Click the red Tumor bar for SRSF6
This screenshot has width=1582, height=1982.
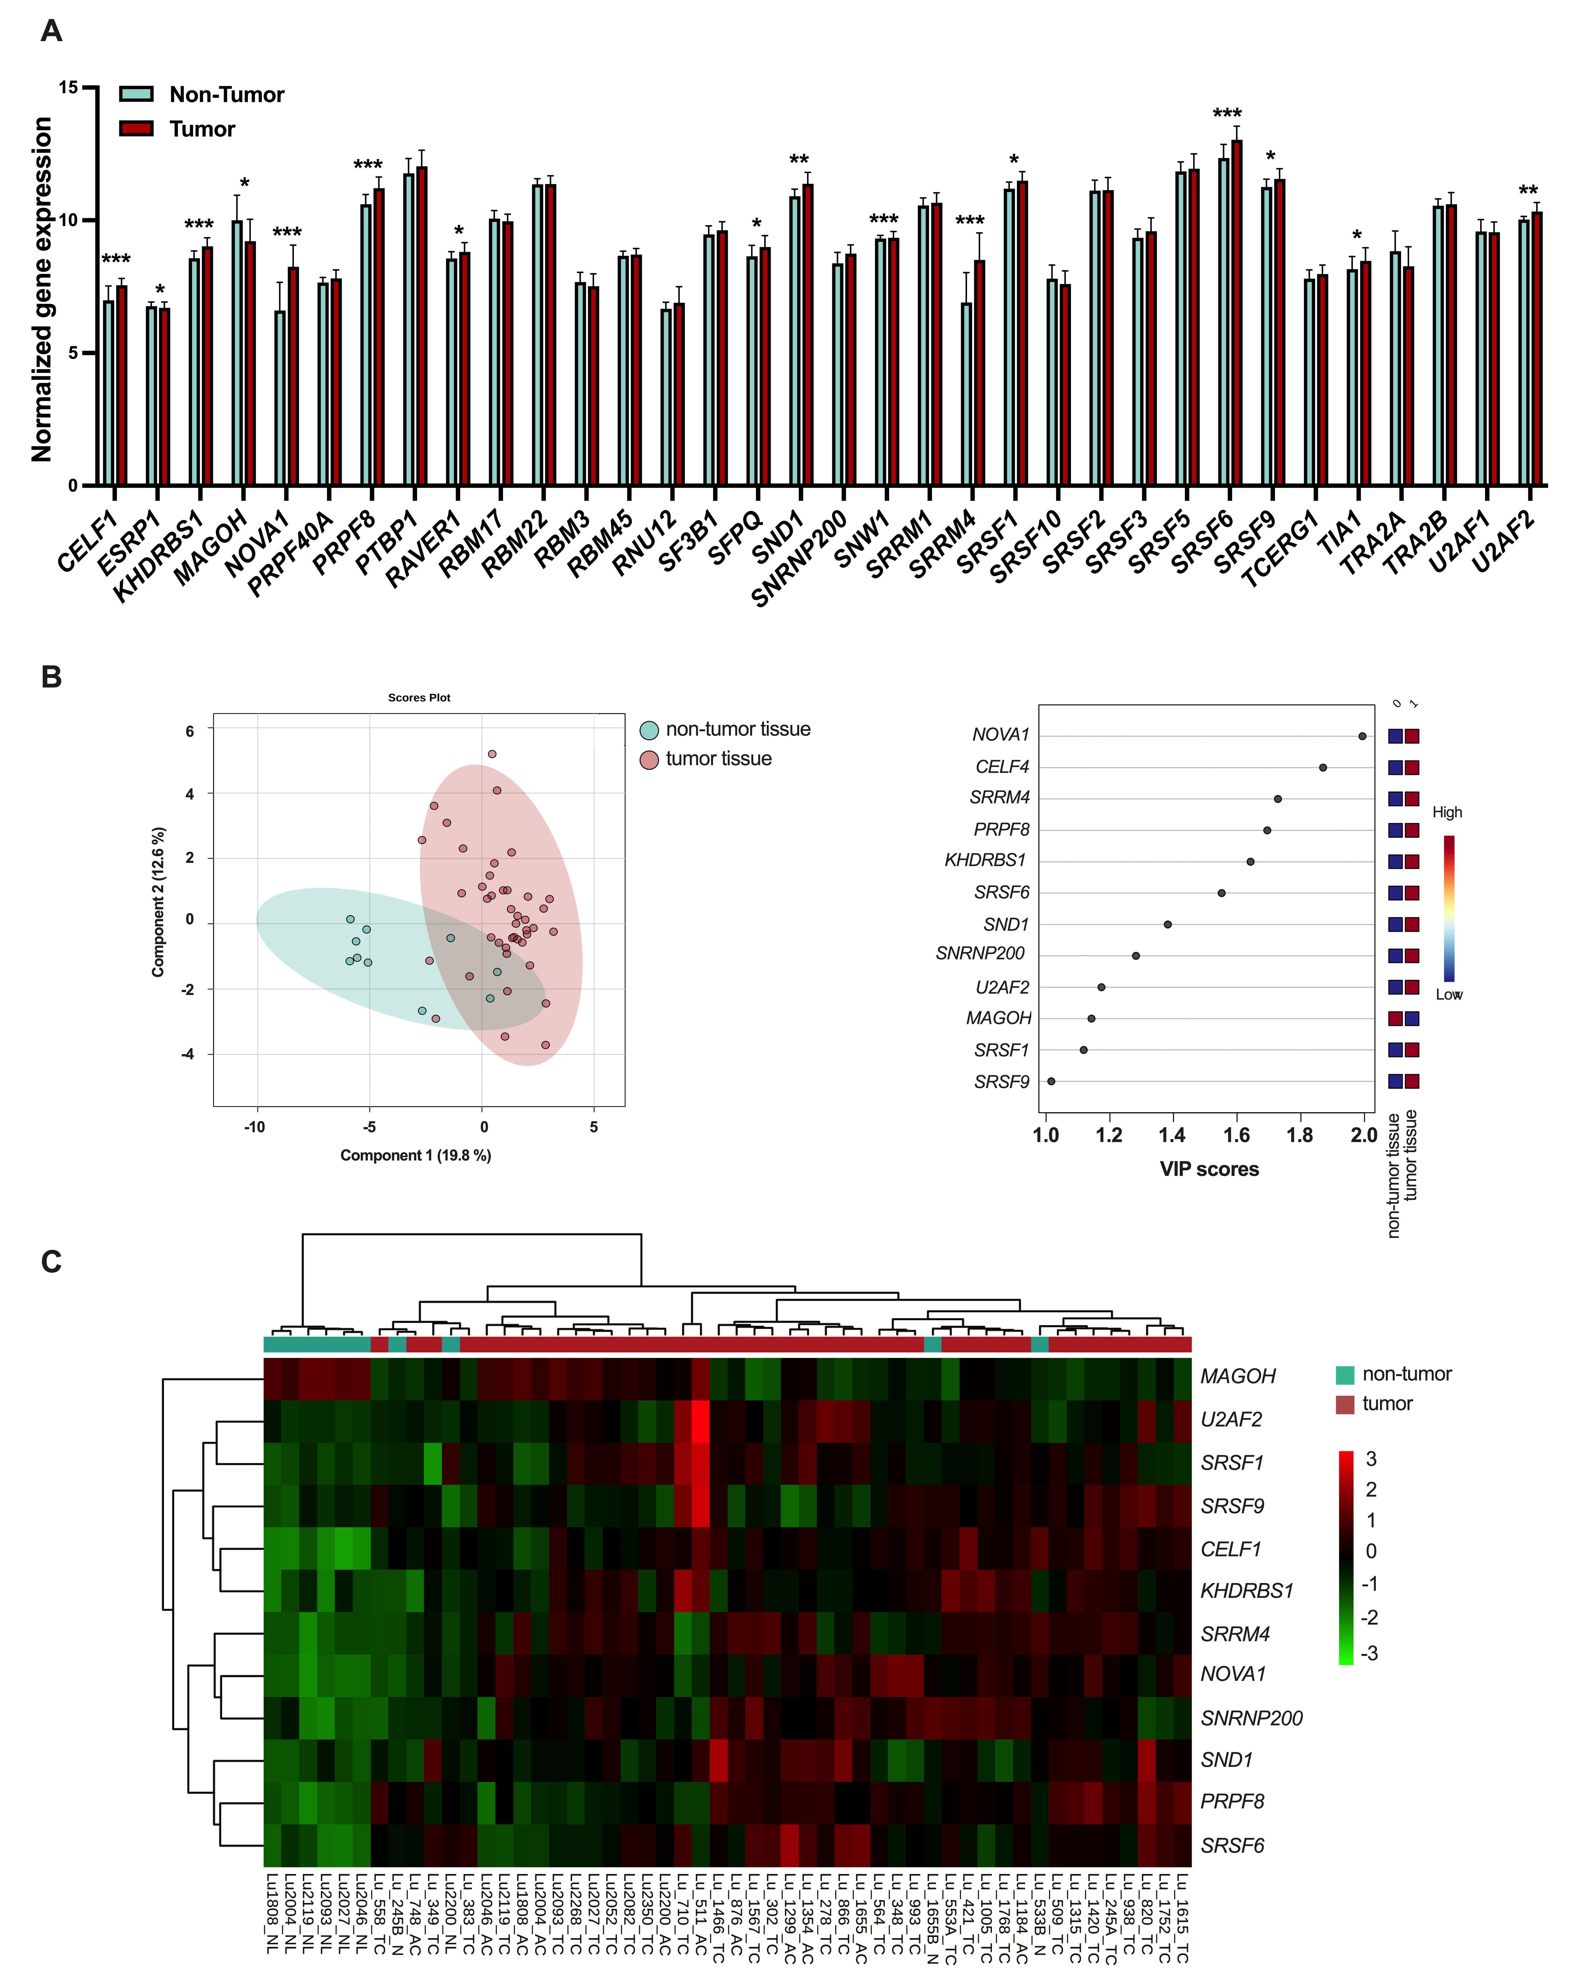pos(1236,313)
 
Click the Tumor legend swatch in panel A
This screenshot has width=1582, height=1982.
pos(136,128)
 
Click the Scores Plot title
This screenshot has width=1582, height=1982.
pos(419,698)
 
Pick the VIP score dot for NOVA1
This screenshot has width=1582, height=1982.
pos(1362,736)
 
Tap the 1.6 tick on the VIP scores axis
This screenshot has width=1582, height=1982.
pos(1236,1135)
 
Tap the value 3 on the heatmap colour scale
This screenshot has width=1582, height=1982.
pos(1372,1459)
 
